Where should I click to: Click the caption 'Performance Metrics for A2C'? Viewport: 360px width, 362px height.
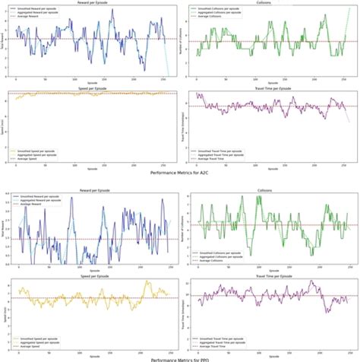pos(179,173)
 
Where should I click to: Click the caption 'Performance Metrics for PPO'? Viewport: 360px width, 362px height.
pos(179,358)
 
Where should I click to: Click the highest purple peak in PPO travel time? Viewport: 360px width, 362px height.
pos(311,281)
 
